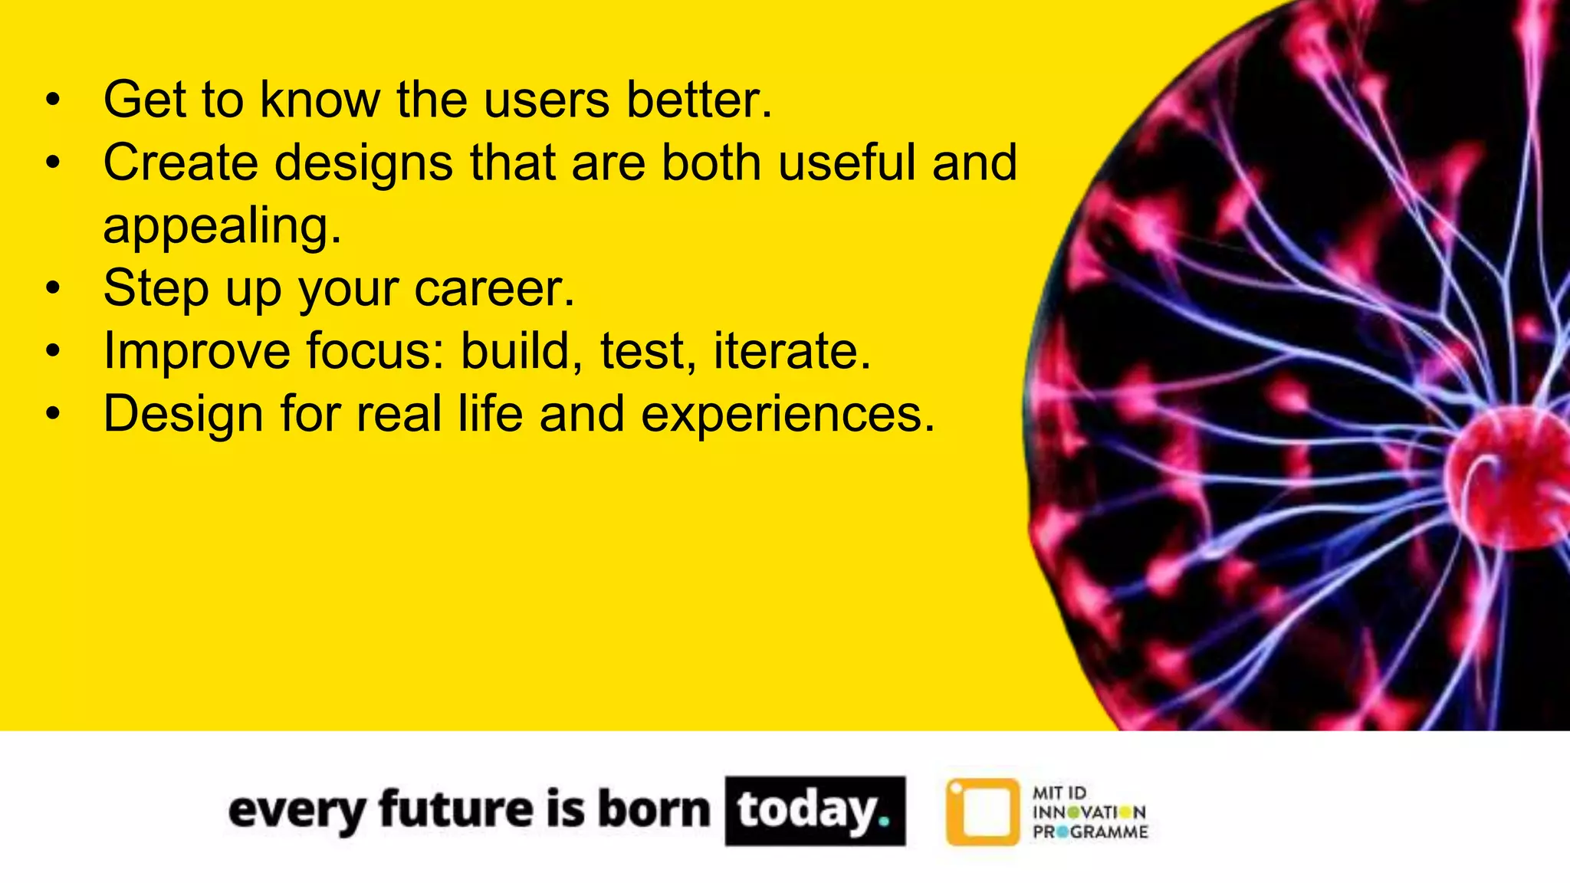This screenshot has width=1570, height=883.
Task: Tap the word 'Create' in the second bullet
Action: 181,163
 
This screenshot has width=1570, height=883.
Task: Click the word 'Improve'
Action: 197,352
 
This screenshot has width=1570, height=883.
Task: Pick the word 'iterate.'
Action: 793,352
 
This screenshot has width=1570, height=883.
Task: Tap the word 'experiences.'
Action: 788,415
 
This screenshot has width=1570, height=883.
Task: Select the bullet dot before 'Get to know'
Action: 52,101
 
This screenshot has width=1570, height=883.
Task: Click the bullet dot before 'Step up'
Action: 52,290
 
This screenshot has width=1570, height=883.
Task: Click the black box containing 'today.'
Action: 815,811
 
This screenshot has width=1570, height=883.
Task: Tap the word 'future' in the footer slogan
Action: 456,809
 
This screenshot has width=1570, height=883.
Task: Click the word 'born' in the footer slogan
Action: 653,809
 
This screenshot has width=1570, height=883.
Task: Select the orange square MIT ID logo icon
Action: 982,812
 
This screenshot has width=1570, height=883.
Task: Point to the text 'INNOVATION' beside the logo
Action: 1089,812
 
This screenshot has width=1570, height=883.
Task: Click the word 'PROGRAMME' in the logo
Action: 1090,832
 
